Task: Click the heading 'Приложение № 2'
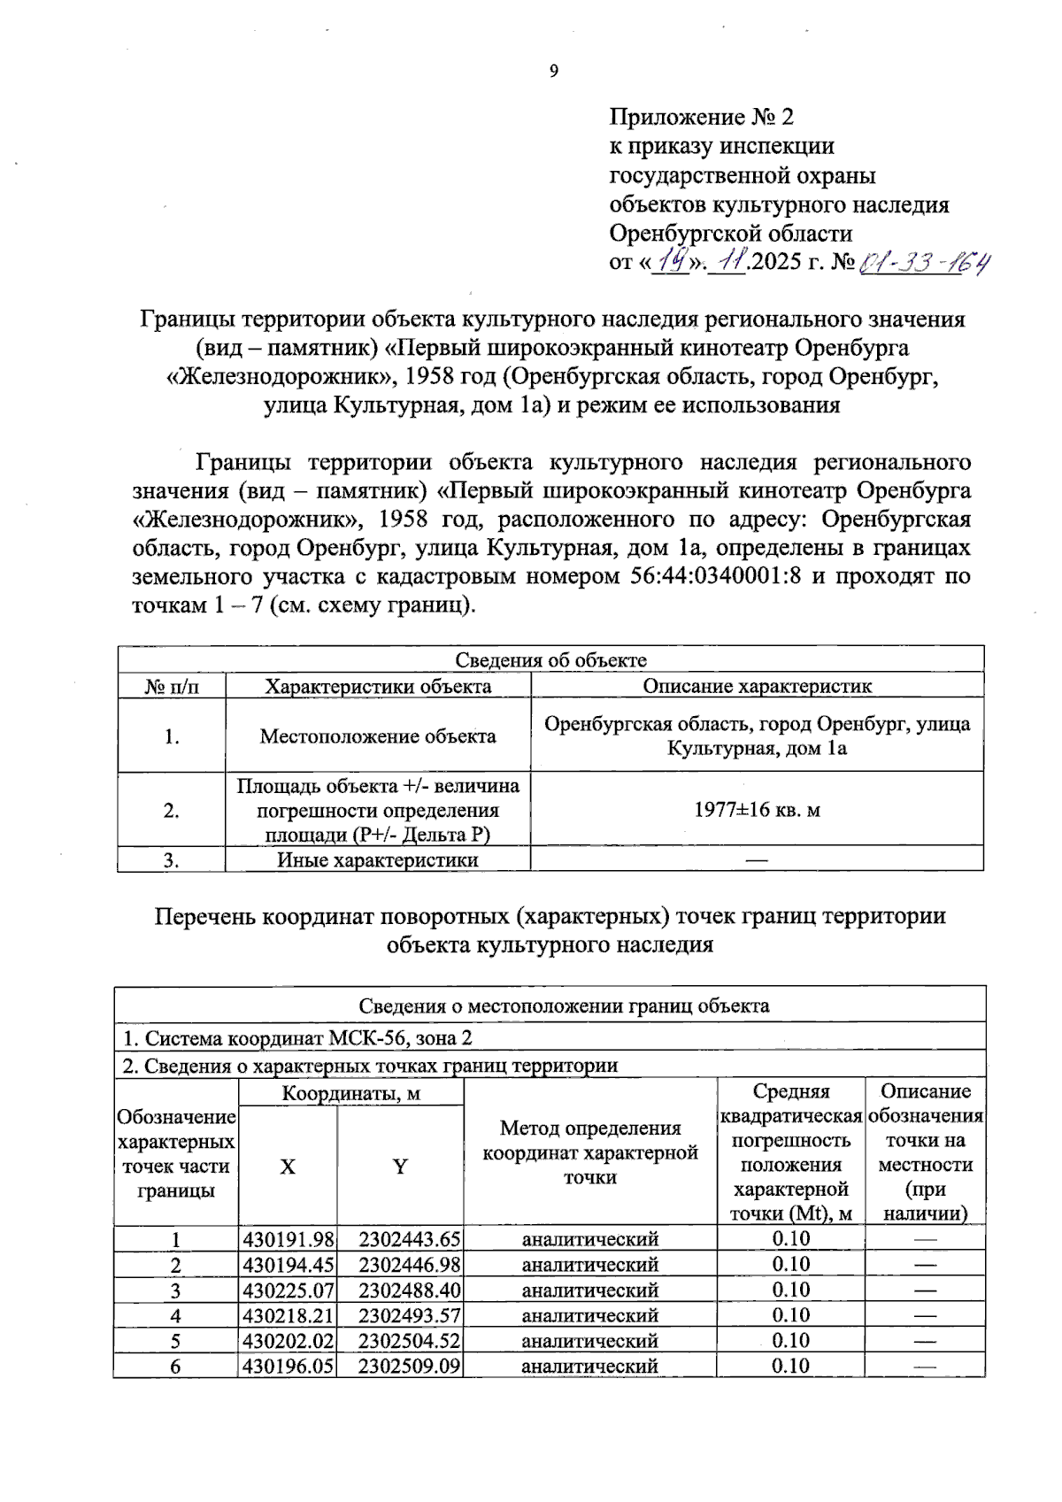(x=701, y=118)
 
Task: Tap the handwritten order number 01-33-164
(x=925, y=263)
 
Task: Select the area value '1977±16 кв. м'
(x=757, y=810)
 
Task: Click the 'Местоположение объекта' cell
(x=378, y=736)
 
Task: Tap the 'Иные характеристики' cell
(x=378, y=860)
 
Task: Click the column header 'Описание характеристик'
(x=757, y=687)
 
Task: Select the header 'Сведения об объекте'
(x=550, y=660)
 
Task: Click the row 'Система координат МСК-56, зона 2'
(x=303, y=1038)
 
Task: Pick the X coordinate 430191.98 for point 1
(x=289, y=1240)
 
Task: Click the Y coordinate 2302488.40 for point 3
(x=409, y=1290)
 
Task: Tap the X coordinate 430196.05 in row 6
(x=289, y=1367)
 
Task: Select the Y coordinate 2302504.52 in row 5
(x=409, y=1341)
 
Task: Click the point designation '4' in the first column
(x=176, y=1316)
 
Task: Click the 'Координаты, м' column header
(x=351, y=1094)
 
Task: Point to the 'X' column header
(x=288, y=1167)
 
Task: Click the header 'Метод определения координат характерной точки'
(x=590, y=1152)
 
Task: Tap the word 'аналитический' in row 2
(x=590, y=1266)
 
